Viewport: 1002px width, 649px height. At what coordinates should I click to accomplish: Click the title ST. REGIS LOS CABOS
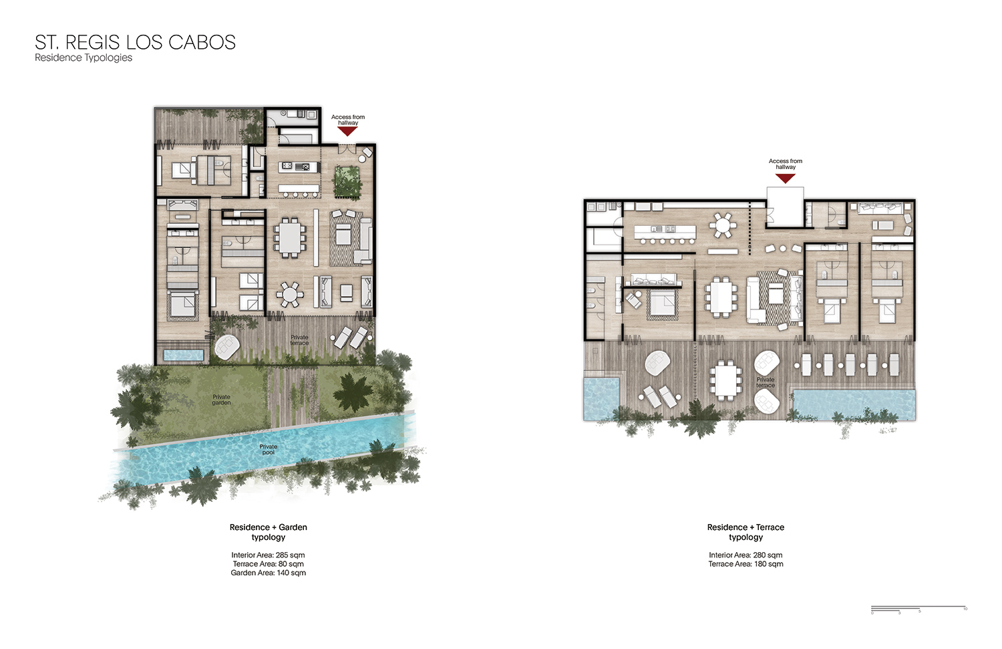(135, 42)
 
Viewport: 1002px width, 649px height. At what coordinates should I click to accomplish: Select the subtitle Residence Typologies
(83, 57)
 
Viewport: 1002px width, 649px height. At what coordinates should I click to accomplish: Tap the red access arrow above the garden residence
(347, 132)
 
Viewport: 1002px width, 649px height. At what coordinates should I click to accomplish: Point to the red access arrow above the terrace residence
(785, 178)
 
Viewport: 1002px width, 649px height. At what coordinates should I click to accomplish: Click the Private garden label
(221, 400)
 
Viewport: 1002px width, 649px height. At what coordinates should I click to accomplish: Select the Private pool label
(268, 449)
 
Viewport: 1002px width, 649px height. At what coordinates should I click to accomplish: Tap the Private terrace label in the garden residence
(299, 340)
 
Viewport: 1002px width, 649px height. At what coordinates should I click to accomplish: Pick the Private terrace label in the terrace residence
(766, 382)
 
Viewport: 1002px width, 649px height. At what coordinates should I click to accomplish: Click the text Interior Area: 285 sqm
(268, 555)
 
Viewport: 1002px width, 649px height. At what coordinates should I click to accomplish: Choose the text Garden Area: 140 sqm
(268, 573)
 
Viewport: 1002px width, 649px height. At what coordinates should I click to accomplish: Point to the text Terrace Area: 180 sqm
(745, 564)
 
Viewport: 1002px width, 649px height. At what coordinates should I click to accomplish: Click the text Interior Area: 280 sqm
(745, 555)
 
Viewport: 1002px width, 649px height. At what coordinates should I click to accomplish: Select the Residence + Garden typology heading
(268, 532)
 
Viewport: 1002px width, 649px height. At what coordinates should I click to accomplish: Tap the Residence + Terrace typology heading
(745, 532)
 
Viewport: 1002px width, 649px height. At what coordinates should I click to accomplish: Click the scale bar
(918, 608)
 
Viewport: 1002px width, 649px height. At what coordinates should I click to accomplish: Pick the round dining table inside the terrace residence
(722, 225)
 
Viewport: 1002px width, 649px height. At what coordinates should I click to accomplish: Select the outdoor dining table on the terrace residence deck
(725, 380)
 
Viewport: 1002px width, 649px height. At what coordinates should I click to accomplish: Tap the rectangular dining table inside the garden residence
(290, 237)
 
